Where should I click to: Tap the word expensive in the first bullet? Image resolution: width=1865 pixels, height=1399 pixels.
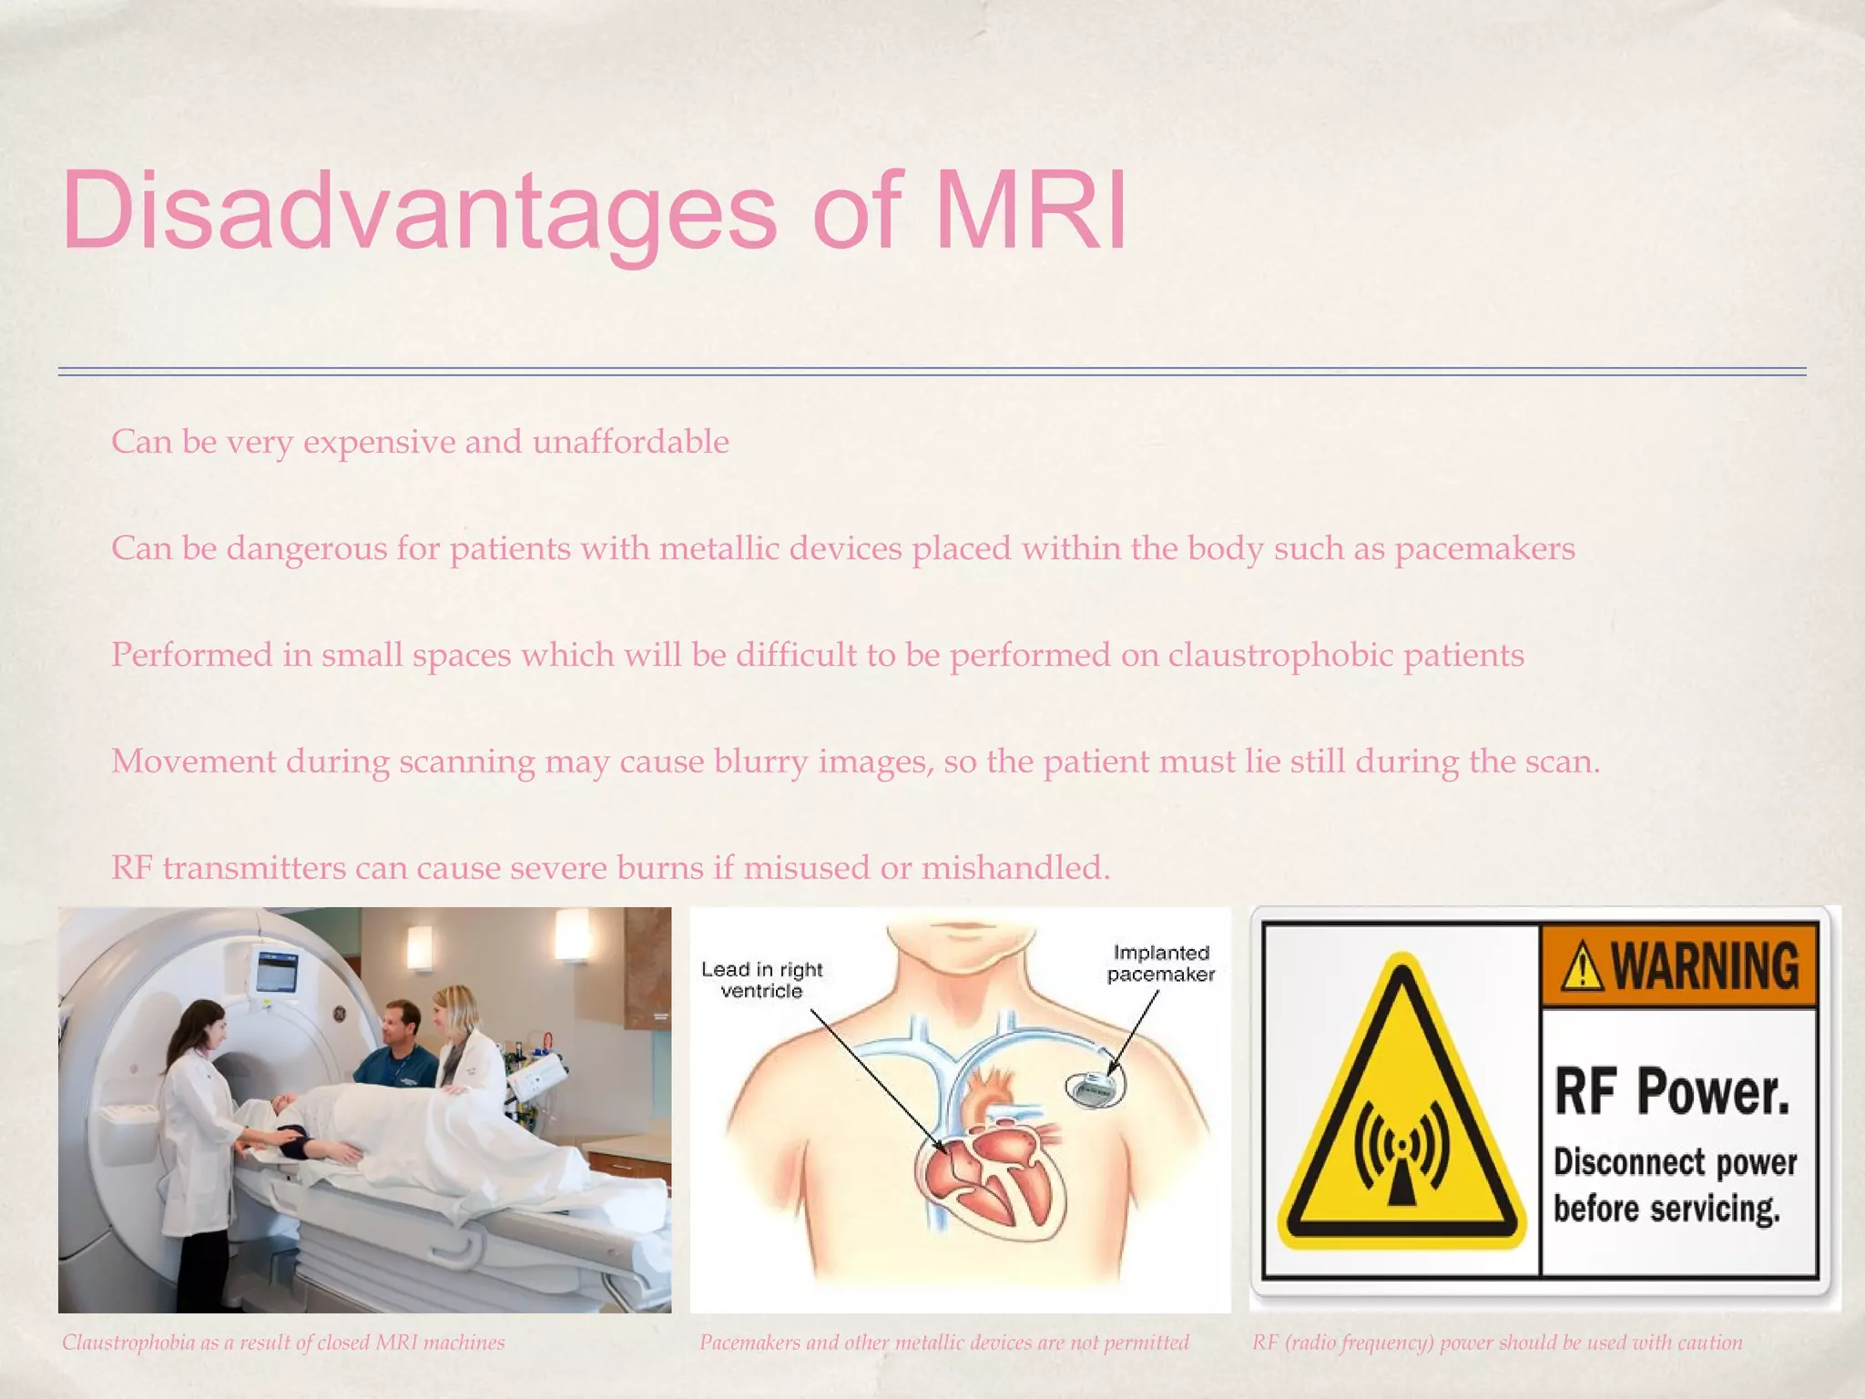point(379,443)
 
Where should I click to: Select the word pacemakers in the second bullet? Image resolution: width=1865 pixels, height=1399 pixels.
point(1483,549)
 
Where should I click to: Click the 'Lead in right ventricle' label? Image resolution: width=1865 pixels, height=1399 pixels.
point(761,980)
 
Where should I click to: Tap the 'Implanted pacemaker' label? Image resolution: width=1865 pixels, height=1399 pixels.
point(1160,964)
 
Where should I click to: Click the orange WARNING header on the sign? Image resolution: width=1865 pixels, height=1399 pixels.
point(1678,966)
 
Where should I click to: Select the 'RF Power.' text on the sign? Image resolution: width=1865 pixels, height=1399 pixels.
point(1671,1091)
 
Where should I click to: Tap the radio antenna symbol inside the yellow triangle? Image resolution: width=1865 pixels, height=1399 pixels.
point(1401,1159)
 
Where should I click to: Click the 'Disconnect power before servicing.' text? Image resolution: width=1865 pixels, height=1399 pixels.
point(1674,1186)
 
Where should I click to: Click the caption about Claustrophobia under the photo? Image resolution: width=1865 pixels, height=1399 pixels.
point(283,1343)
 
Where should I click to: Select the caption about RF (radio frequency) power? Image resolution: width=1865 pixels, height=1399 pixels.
point(1496,1343)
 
